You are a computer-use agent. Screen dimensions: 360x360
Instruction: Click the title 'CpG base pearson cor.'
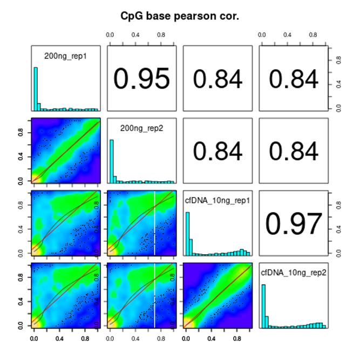(180, 17)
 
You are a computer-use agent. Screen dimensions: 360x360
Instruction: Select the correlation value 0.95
(141, 79)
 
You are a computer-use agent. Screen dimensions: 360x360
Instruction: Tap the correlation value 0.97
(294, 224)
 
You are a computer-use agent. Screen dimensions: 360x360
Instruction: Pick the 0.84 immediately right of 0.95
(218, 79)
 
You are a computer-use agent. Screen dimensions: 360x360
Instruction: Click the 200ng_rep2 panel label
(141, 127)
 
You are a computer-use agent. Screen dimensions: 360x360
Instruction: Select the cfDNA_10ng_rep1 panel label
(218, 199)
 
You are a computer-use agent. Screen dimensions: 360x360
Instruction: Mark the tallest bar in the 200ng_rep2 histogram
(112, 161)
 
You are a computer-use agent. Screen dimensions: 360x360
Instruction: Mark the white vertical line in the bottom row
(155, 297)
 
